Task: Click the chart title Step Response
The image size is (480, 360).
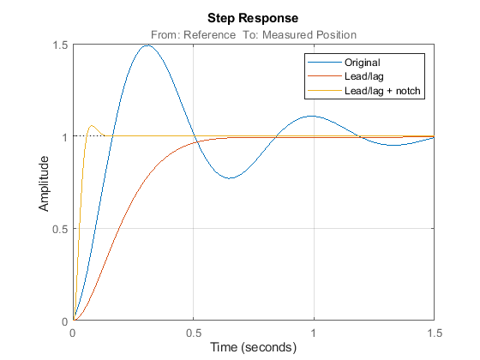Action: [x=253, y=18]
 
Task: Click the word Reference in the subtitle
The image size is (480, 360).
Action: [x=209, y=35]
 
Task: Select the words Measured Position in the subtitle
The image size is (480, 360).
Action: [x=309, y=35]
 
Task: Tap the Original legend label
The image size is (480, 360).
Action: [x=362, y=63]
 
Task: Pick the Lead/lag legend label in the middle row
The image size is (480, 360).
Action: [x=364, y=76]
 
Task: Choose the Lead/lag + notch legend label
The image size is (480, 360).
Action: [x=382, y=91]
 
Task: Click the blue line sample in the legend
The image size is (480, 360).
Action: [x=325, y=62]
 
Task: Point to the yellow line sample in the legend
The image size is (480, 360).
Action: [x=325, y=91]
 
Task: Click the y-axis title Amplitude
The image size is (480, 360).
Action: [x=44, y=183]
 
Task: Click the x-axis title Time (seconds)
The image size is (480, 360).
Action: [x=253, y=347]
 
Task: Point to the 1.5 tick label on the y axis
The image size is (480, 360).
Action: [x=60, y=45]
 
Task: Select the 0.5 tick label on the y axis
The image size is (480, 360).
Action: [x=60, y=229]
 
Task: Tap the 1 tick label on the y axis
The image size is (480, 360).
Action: [x=64, y=137]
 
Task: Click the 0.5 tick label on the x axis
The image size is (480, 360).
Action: [x=194, y=333]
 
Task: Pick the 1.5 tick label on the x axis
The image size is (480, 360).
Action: [x=435, y=333]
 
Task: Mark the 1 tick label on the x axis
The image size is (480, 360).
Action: [x=314, y=333]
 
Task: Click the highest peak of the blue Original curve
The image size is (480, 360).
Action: [x=147, y=45]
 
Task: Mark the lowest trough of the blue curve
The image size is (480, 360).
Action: [x=231, y=178]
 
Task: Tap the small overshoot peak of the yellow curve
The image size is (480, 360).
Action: [x=91, y=125]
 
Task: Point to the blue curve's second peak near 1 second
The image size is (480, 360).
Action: [x=312, y=116]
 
